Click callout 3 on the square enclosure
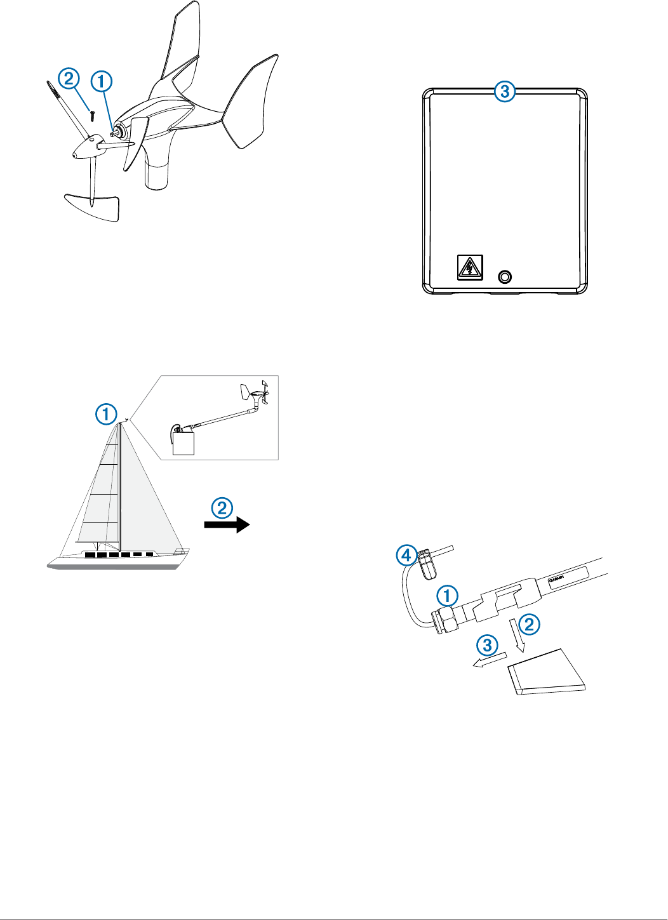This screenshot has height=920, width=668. pyautogui.click(x=505, y=91)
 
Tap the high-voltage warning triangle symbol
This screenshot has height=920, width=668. pyautogui.click(x=470, y=267)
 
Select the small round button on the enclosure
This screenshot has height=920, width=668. pyautogui.click(x=505, y=277)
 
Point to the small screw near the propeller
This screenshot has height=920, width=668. pyautogui.click(x=93, y=116)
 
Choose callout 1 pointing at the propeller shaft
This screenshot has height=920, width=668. pyautogui.click(x=102, y=81)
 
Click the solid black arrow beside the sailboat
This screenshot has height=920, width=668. pyautogui.click(x=227, y=524)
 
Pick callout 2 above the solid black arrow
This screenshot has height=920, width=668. pyautogui.click(x=222, y=507)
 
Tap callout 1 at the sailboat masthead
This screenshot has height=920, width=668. pyautogui.click(x=106, y=415)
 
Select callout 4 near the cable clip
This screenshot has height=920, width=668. pyautogui.click(x=406, y=556)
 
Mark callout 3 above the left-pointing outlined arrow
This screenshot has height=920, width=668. pyautogui.click(x=487, y=646)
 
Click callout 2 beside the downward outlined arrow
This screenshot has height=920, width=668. pyautogui.click(x=530, y=625)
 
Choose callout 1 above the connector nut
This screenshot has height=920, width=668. pyautogui.click(x=447, y=596)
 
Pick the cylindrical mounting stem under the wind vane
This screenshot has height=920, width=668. pyautogui.click(x=157, y=171)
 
